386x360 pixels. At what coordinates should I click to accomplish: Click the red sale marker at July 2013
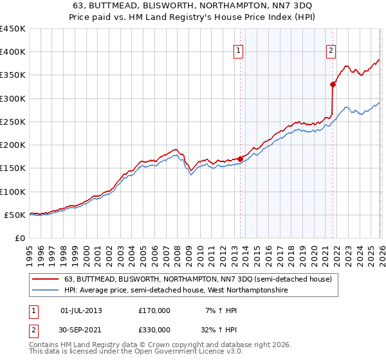point(240,158)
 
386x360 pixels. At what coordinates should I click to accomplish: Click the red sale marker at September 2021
point(333,84)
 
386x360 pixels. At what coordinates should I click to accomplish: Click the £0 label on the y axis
point(19,238)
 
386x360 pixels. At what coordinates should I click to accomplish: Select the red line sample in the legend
point(46,280)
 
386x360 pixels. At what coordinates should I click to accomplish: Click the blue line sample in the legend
point(46,291)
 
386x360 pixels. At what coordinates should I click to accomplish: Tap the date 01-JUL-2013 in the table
point(80,310)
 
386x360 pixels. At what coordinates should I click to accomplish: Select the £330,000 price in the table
point(154,330)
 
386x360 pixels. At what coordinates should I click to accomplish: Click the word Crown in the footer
point(165,345)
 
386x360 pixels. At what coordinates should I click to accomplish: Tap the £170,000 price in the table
point(154,310)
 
